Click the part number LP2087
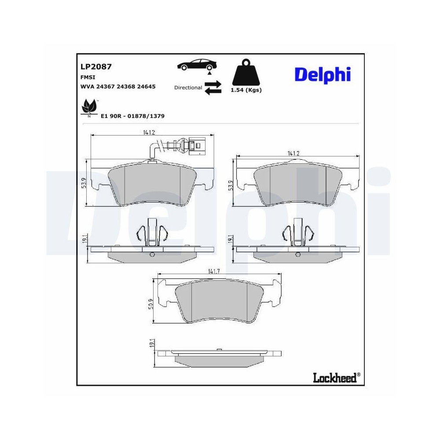(x=95, y=67)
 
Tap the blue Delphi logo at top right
(x=322, y=74)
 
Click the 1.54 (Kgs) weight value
(x=246, y=90)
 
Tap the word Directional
(x=188, y=88)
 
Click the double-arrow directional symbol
(x=213, y=87)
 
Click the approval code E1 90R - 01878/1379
(x=132, y=116)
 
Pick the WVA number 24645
(x=146, y=87)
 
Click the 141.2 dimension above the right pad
(x=293, y=153)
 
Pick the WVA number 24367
(x=103, y=87)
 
